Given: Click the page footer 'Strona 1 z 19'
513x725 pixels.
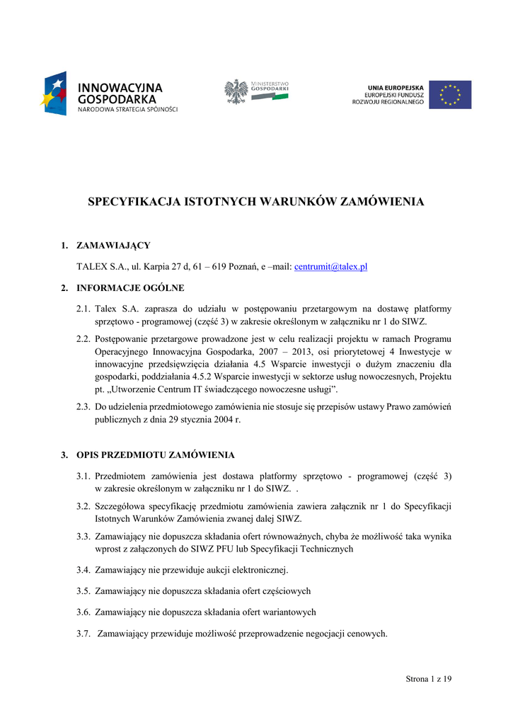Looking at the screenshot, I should click(x=429, y=679).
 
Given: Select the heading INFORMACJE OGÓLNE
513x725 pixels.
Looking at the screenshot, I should click(x=130, y=288).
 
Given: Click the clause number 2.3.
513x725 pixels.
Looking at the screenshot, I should click(x=83, y=407).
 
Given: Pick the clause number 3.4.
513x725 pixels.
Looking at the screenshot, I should click(x=83, y=570).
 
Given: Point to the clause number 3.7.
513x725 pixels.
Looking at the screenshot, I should click(x=83, y=634).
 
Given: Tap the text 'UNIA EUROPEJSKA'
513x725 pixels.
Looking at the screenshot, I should click(x=396, y=87).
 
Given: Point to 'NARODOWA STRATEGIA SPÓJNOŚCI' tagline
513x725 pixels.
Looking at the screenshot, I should click(x=127, y=110).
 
